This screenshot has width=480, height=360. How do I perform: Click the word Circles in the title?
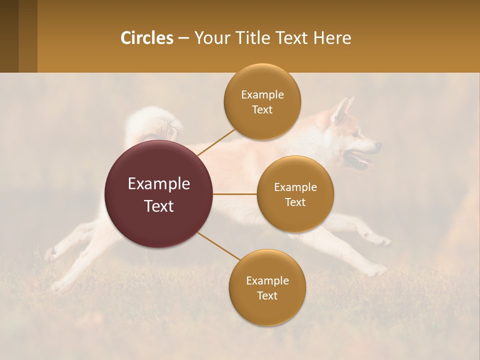tap(146, 38)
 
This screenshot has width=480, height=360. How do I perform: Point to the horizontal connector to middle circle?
tap(234, 194)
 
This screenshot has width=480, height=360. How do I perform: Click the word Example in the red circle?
tap(158, 184)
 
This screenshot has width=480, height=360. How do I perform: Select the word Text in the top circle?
tap(262, 110)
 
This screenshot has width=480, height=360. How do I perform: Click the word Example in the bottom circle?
tap(267, 280)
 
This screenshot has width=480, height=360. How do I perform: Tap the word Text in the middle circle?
tap(295, 202)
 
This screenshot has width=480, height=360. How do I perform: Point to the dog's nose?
tap(378, 145)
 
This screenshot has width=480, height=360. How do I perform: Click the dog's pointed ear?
tap(342, 110)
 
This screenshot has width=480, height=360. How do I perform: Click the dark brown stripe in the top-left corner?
tap(9, 36)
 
